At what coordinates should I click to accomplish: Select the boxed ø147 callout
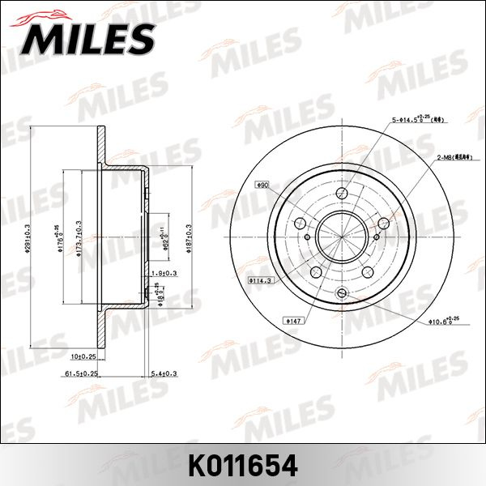293,321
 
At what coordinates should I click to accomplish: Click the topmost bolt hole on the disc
341,193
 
